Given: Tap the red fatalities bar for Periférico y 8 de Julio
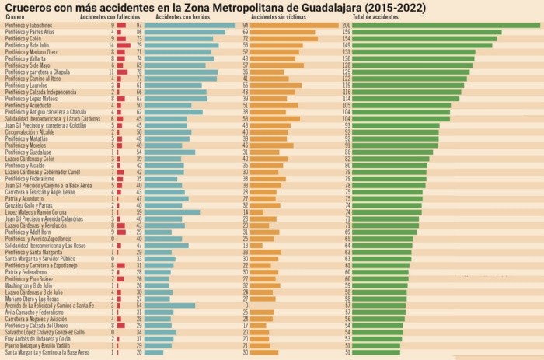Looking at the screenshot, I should click(123, 45).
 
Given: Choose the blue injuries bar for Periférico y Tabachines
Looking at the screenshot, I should click(190, 25).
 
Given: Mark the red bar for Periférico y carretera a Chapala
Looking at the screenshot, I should click(122, 72).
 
